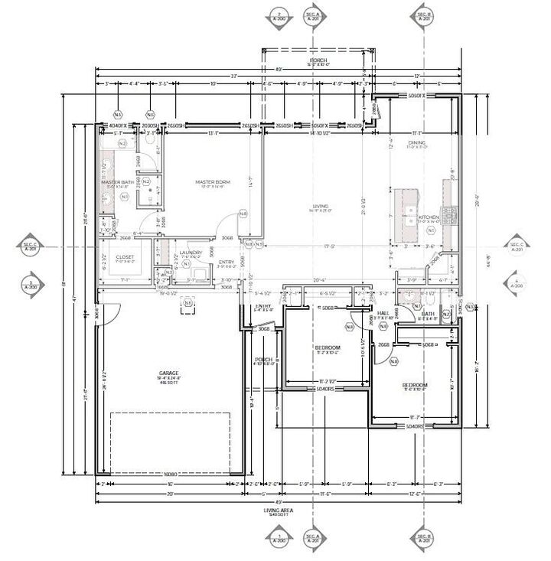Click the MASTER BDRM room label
point(213,182)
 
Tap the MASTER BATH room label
point(118,182)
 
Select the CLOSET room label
point(125,257)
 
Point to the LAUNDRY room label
point(190,253)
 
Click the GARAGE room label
point(169,373)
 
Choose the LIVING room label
point(320,206)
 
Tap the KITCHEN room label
point(429,217)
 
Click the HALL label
point(383,312)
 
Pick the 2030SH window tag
point(150,126)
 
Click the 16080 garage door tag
point(171,475)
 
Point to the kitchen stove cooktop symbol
point(451,212)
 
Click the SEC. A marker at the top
point(312,16)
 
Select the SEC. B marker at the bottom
point(423,537)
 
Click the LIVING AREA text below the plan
point(279,510)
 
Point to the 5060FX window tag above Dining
point(416,96)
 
